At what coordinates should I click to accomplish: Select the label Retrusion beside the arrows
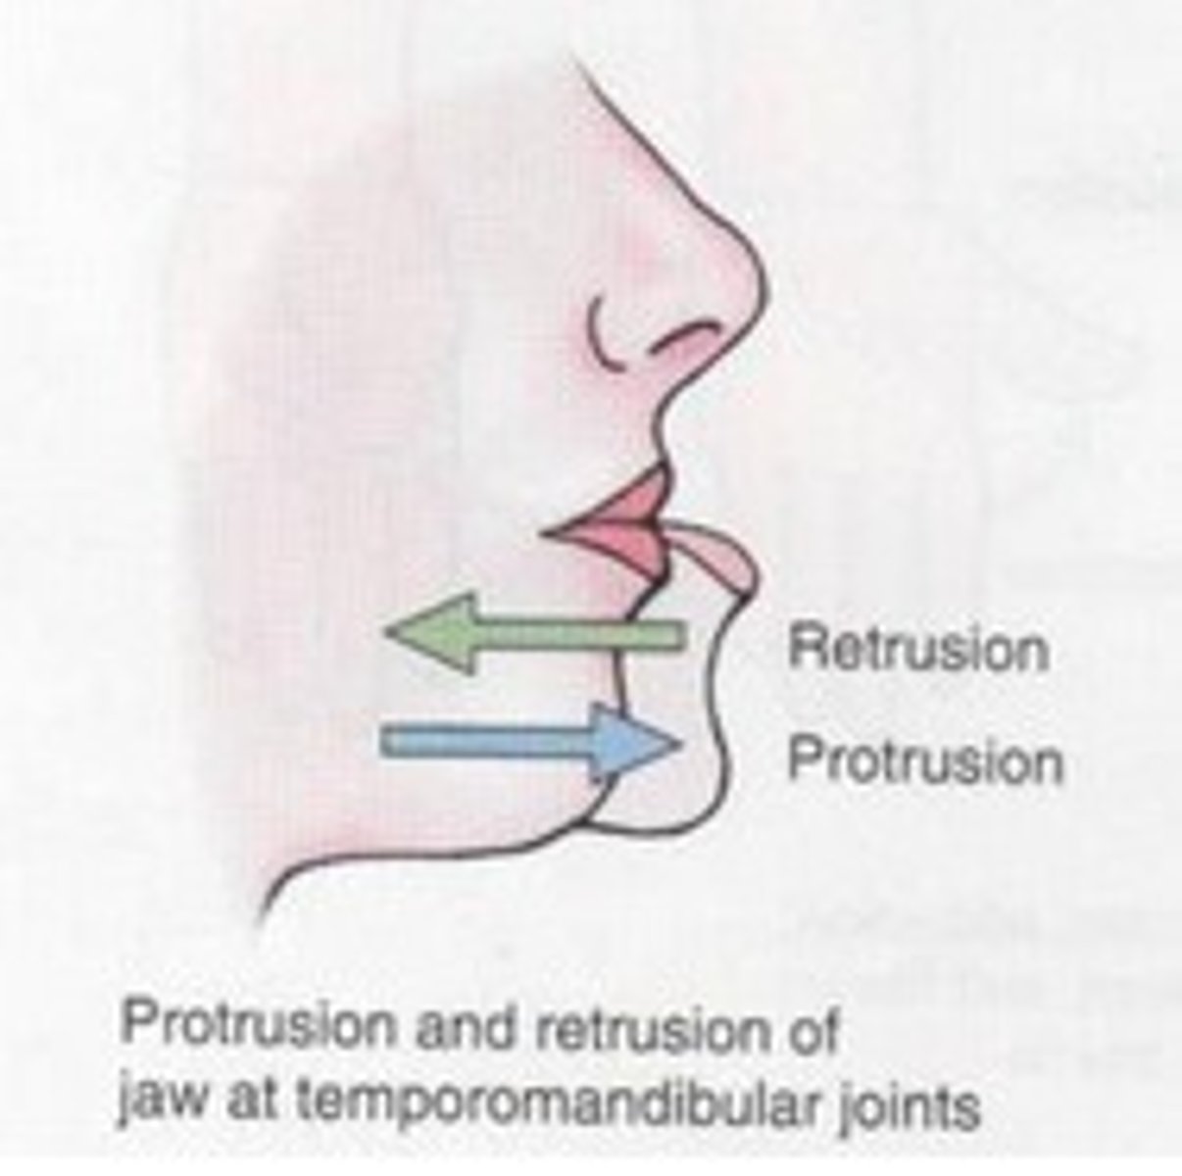coord(917,649)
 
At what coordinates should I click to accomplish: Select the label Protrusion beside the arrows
coord(924,760)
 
